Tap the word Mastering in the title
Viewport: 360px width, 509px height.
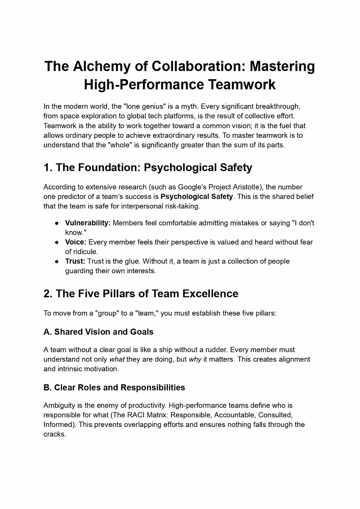coord(282,66)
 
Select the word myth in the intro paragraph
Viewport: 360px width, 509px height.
coord(189,106)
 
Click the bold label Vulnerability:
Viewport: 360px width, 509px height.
coord(88,223)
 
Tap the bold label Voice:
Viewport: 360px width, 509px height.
coord(76,242)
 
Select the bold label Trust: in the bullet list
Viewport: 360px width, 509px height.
coord(75,261)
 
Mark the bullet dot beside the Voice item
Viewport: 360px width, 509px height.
coord(57,242)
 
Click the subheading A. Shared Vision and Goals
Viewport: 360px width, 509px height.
coord(98,332)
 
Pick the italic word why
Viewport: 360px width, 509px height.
coord(195,360)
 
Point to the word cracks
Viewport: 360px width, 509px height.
coord(54,434)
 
